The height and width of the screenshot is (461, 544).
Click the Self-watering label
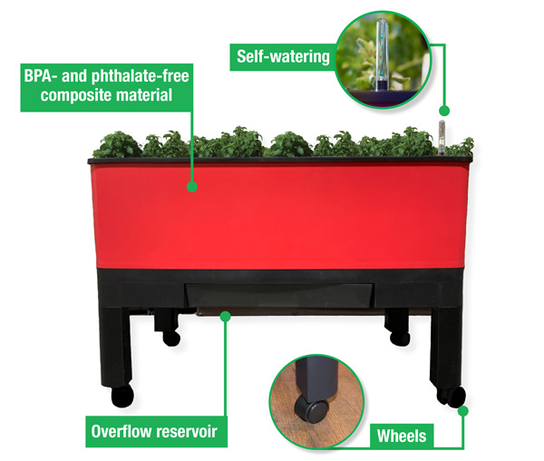coord(283,56)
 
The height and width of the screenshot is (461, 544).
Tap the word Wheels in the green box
coord(402,436)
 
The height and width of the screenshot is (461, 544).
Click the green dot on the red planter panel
coord(192,187)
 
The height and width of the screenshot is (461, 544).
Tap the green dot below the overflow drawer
coord(225,316)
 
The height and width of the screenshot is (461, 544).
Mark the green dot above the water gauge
coord(444,111)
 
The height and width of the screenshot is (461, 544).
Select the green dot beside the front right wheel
coord(462,411)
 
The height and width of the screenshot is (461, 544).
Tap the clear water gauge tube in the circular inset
coord(382,54)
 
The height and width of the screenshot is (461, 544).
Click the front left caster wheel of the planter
coord(122,396)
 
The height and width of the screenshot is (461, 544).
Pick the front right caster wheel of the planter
coord(451,396)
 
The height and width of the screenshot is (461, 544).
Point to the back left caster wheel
coord(171,338)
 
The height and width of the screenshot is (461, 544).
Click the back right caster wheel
coord(400,338)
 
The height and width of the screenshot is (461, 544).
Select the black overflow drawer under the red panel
coord(279,296)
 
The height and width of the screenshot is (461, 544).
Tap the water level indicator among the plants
coord(442,137)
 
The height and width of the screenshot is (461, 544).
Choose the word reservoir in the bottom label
coord(186,431)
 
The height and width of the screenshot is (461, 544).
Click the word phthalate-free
coord(141,77)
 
